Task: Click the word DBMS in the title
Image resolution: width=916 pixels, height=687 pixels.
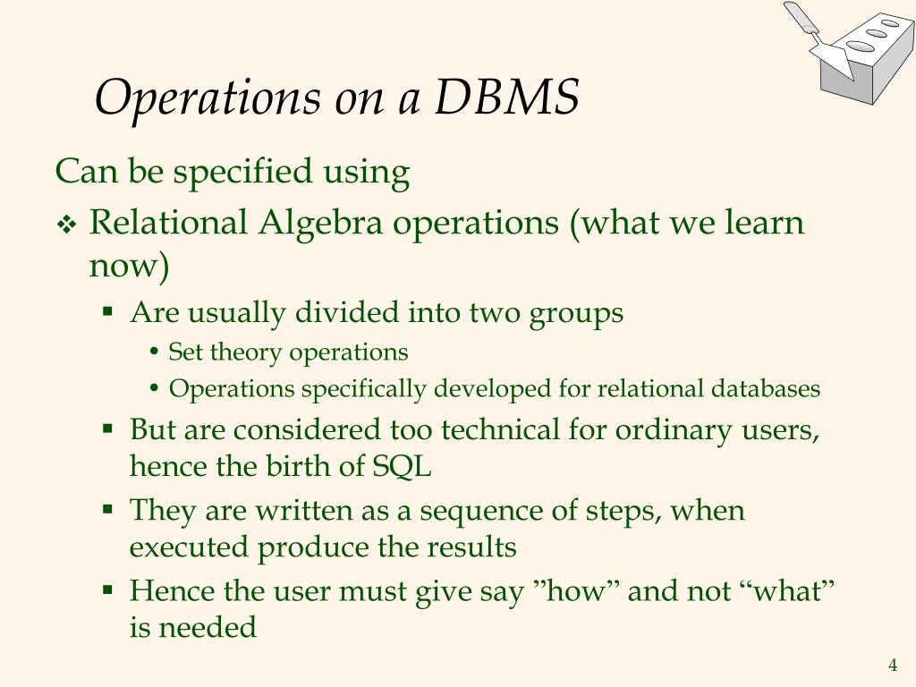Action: (x=507, y=98)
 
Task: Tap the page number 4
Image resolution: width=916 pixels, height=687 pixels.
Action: (x=892, y=665)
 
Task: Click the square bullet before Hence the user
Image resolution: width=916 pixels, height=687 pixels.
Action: (x=107, y=590)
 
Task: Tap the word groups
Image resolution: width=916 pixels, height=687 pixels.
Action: (x=575, y=313)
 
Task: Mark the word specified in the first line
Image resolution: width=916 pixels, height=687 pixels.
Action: (x=242, y=171)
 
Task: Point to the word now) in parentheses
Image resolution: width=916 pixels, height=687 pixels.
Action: (x=129, y=266)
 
